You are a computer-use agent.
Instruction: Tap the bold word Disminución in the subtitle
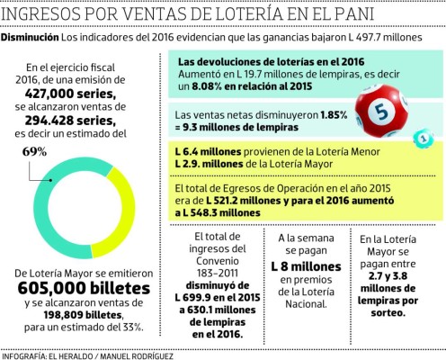30,41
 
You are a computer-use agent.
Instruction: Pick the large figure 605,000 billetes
79,287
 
